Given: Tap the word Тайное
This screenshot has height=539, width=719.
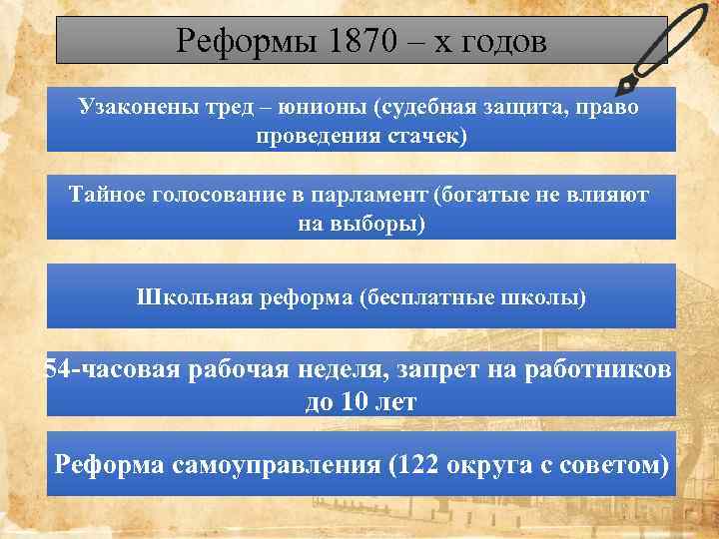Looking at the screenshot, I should coord(107,194).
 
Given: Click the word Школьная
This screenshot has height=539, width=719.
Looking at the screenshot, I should coord(186,297).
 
